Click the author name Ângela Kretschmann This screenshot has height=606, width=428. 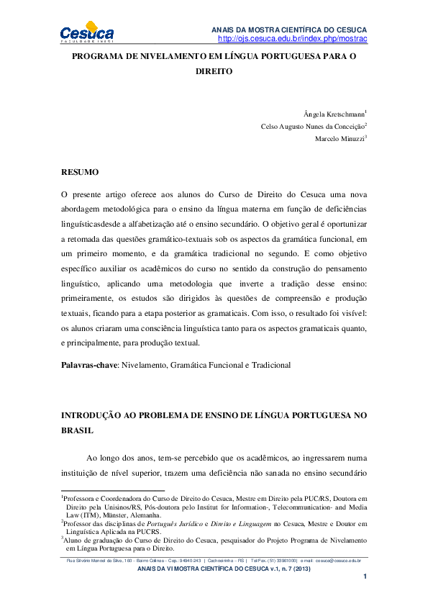point(334,114)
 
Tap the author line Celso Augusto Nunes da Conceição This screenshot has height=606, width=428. point(313,127)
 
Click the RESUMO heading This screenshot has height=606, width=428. point(79,173)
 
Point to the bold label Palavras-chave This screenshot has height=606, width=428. point(89,365)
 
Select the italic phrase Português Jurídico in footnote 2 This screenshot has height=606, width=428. point(200,525)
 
